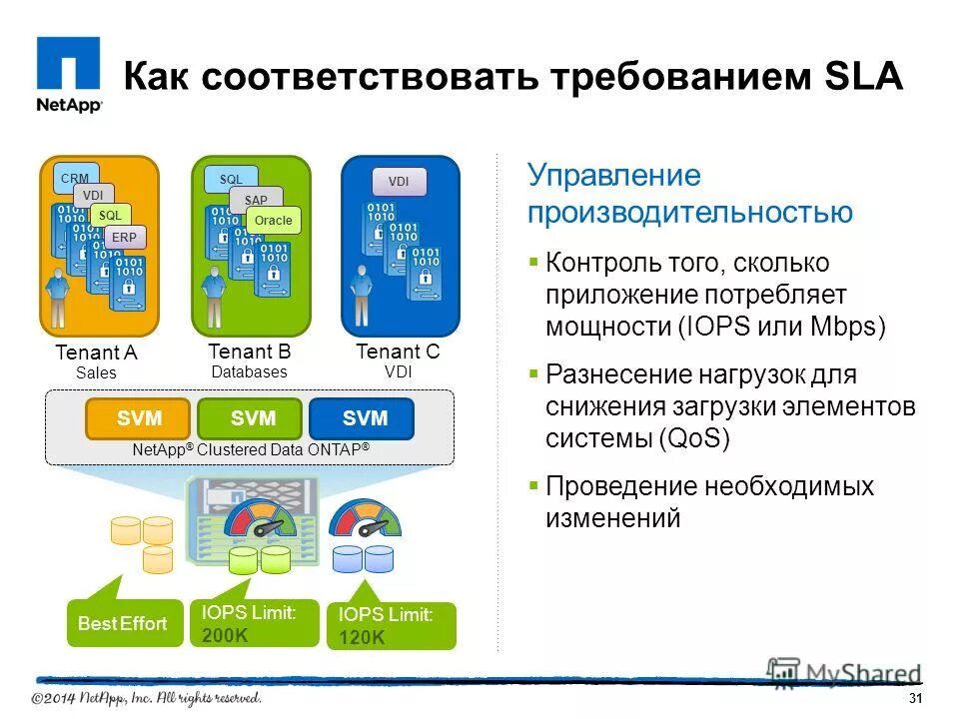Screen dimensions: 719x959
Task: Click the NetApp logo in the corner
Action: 69,76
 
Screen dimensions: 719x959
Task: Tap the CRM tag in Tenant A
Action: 75,179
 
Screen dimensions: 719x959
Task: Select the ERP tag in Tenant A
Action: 125,238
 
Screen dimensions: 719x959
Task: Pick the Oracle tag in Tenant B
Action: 273,220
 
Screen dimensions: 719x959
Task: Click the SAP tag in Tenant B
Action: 255,200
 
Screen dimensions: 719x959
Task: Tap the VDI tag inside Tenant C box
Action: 399,182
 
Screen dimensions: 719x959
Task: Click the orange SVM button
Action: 139,418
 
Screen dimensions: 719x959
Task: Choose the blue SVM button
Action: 363,418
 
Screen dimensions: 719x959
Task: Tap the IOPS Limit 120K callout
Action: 391,626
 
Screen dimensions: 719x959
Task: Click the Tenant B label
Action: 249,352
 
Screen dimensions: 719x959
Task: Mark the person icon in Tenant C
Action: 360,296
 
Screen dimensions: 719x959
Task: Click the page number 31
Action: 915,697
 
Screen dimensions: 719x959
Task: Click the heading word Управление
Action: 614,177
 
